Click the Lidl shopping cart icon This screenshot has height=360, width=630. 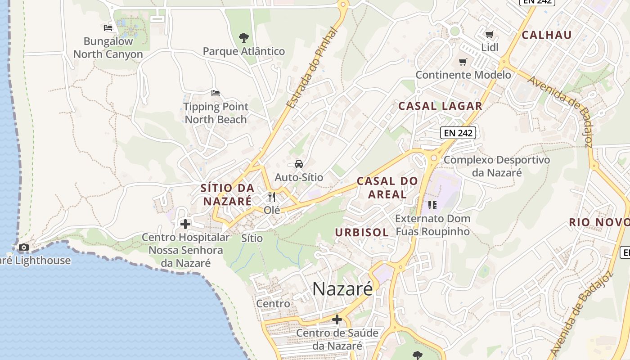pos(490,34)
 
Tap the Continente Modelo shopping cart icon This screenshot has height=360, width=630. pos(463,62)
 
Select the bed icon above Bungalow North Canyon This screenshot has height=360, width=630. pos(108,28)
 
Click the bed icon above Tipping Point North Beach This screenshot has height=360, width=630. pos(216,93)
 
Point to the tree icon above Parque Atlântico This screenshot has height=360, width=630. pos(243,37)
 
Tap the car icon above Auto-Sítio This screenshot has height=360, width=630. pos(299,164)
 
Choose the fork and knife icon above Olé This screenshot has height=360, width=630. pos(272,197)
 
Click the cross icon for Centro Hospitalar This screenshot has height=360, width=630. pos(185,224)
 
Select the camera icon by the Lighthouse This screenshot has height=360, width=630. pos(23,247)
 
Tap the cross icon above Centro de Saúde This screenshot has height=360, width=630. pos(337,320)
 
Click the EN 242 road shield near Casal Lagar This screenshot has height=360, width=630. pos(458,133)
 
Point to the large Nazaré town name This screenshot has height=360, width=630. pos(342,289)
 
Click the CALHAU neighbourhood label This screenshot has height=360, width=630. pos(547,35)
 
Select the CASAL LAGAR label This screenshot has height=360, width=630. pos(440,106)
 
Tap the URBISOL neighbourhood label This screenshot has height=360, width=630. pos(362,233)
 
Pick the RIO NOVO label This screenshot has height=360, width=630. pos(598,222)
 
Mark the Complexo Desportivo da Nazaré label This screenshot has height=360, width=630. pos(497,166)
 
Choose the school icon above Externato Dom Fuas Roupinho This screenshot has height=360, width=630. pos(432,206)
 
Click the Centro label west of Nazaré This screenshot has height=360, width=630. pos(273,304)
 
